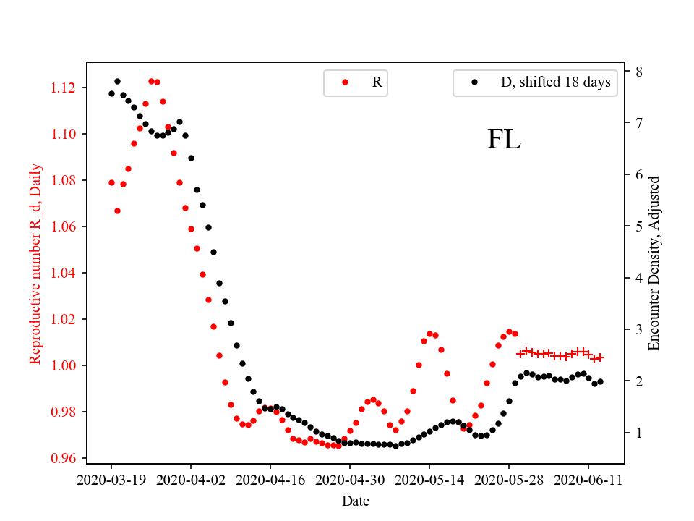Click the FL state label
[x=504, y=140]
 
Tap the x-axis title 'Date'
[x=355, y=500]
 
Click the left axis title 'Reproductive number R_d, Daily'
[x=35, y=263]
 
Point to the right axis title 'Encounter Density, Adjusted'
[x=654, y=263]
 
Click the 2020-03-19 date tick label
[x=111, y=479]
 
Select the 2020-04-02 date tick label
[x=191, y=479]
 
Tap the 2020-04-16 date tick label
[x=270, y=479]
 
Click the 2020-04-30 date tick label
[x=350, y=479]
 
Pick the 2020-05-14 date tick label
[x=429, y=479]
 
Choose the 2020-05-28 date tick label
[x=509, y=479]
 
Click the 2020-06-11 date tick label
[x=588, y=479]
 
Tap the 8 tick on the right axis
[x=639, y=72]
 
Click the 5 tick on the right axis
[x=639, y=226]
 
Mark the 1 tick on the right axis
[x=639, y=433]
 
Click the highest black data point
[x=117, y=81]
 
